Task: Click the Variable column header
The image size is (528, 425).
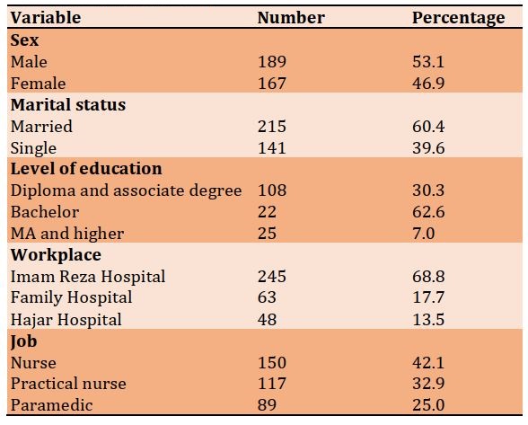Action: point(46,18)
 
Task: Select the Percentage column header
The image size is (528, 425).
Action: point(459,18)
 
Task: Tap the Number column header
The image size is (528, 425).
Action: point(291,18)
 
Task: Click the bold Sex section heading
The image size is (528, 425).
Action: point(24,40)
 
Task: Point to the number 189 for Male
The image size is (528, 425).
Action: point(272,62)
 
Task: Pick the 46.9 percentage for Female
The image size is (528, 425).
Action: point(428,84)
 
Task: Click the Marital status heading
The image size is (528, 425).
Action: point(68,104)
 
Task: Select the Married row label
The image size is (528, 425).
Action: point(41,127)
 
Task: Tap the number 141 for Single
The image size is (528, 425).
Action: point(272,148)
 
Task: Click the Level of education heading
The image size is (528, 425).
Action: point(86,169)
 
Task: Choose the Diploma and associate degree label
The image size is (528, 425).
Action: point(126,190)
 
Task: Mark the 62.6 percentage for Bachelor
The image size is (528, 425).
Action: point(428,212)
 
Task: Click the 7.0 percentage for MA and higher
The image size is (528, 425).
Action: point(424,234)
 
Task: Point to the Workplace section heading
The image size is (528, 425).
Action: point(56,255)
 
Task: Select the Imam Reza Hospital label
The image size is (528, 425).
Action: point(88,277)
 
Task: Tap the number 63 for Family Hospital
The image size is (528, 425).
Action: point(267,298)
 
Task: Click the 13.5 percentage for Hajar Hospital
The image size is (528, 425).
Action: point(428,320)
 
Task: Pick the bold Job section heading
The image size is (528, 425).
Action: point(23,341)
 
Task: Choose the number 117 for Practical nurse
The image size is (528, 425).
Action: point(272,384)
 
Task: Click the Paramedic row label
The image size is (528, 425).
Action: point(51,405)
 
